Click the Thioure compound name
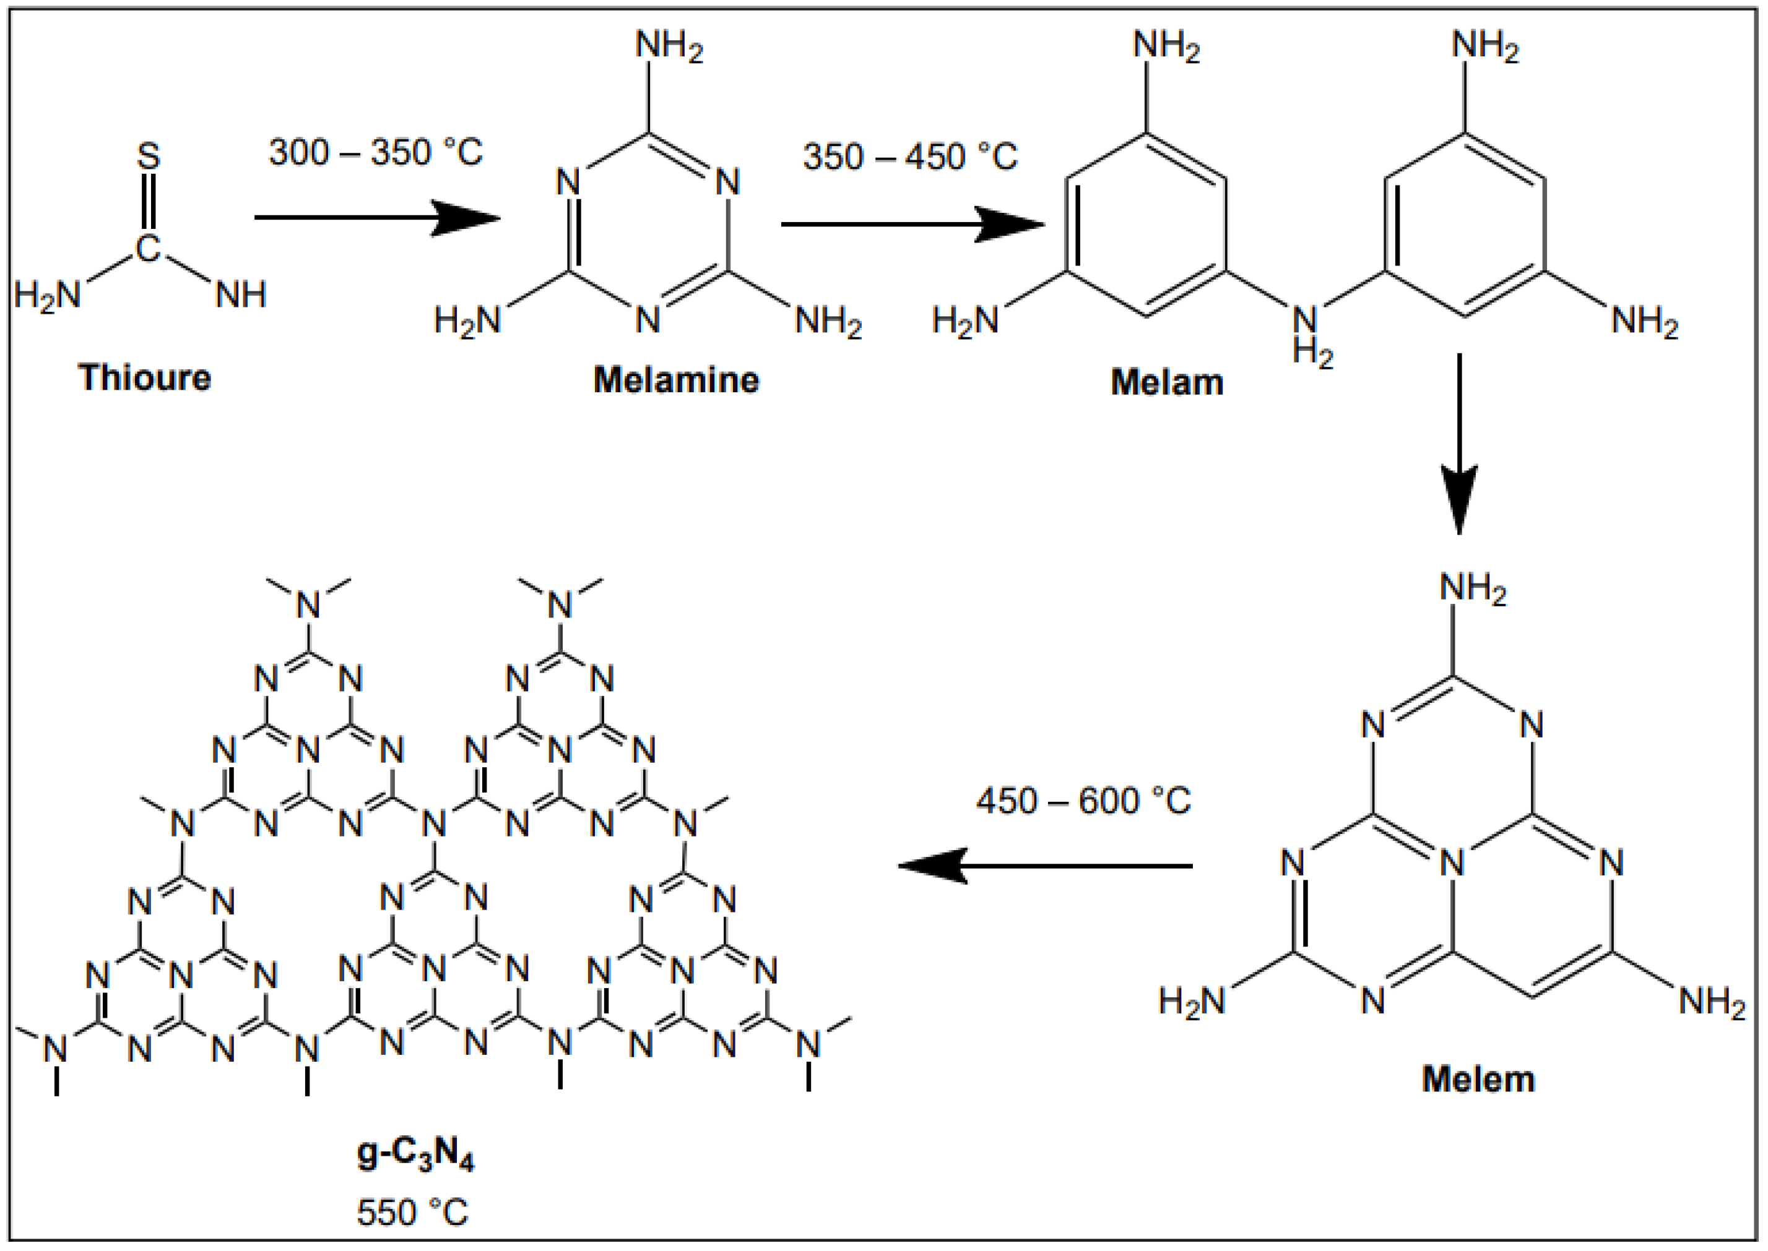click(x=144, y=378)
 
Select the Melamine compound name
click(x=676, y=380)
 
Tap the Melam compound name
click(x=1166, y=382)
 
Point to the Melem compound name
click(x=1478, y=1078)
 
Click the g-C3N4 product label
click(x=415, y=1156)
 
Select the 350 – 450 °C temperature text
click(x=910, y=157)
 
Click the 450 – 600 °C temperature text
click(x=1083, y=801)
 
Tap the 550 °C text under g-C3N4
click(x=412, y=1213)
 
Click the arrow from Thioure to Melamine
click(x=377, y=217)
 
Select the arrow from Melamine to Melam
click(x=912, y=224)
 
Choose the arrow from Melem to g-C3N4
click(x=1045, y=866)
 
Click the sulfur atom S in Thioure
click(x=148, y=156)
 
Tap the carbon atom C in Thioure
click(x=147, y=248)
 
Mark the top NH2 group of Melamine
click(x=669, y=46)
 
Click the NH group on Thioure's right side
click(x=240, y=294)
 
